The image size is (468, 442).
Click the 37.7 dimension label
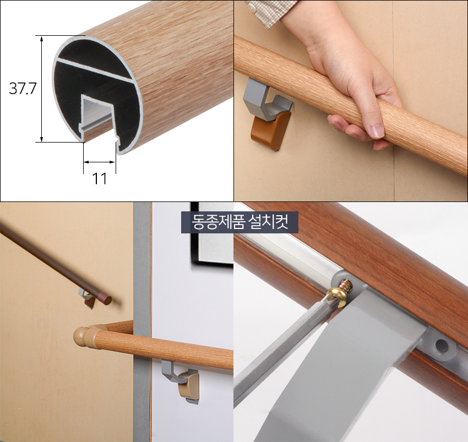pos(23,88)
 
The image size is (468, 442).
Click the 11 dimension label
pos(100,179)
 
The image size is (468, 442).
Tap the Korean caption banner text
pos(240,222)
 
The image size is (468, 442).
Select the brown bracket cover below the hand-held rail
pos(271,130)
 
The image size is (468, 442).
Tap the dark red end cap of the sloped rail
pos(105,298)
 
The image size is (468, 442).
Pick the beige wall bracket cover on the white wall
pos(188,386)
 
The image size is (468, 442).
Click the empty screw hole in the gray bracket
pos(442,346)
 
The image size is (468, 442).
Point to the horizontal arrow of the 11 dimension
pos(100,162)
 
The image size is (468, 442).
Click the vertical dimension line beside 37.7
pos(41,89)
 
